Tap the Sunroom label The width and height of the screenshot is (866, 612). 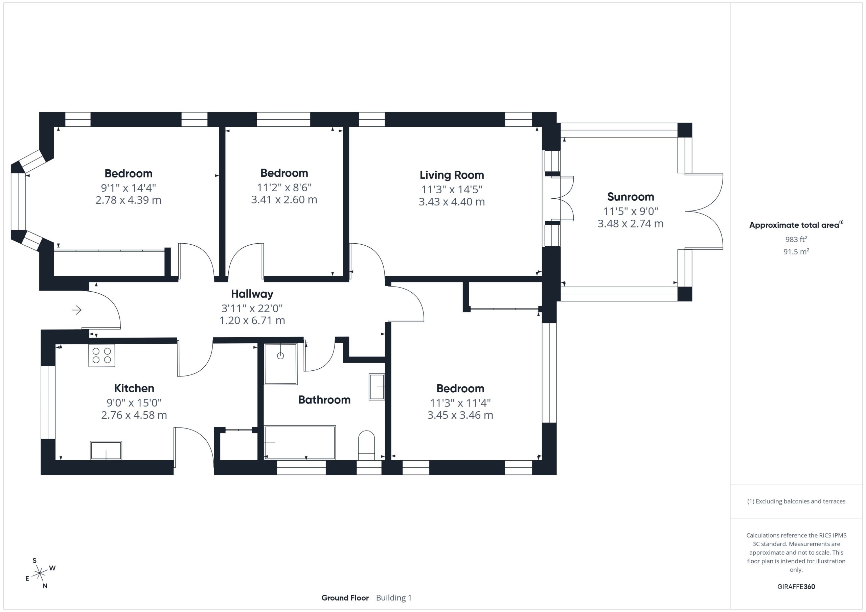(x=630, y=197)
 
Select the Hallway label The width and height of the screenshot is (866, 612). (x=252, y=294)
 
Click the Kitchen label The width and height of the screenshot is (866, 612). (x=134, y=388)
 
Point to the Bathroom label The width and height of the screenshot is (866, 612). (x=324, y=400)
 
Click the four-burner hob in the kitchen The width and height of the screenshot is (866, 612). (x=102, y=356)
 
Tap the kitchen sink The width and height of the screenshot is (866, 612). (x=106, y=450)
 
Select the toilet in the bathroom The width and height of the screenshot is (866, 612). (x=366, y=445)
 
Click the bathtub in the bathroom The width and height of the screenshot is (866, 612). (x=300, y=442)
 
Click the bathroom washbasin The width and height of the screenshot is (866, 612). (x=377, y=387)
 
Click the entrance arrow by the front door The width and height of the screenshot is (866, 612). (x=76, y=310)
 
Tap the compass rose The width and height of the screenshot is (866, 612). (x=40, y=573)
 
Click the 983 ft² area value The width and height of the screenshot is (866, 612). (x=796, y=239)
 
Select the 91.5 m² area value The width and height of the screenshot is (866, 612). (x=796, y=251)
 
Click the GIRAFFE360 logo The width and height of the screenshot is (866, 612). (x=796, y=587)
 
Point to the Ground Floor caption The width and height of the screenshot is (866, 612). (x=345, y=598)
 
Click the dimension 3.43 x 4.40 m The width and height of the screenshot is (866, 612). (x=452, y=202)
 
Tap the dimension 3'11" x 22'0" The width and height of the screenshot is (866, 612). (x=252, y=308)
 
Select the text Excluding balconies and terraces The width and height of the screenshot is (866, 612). (x=800, y=501)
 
